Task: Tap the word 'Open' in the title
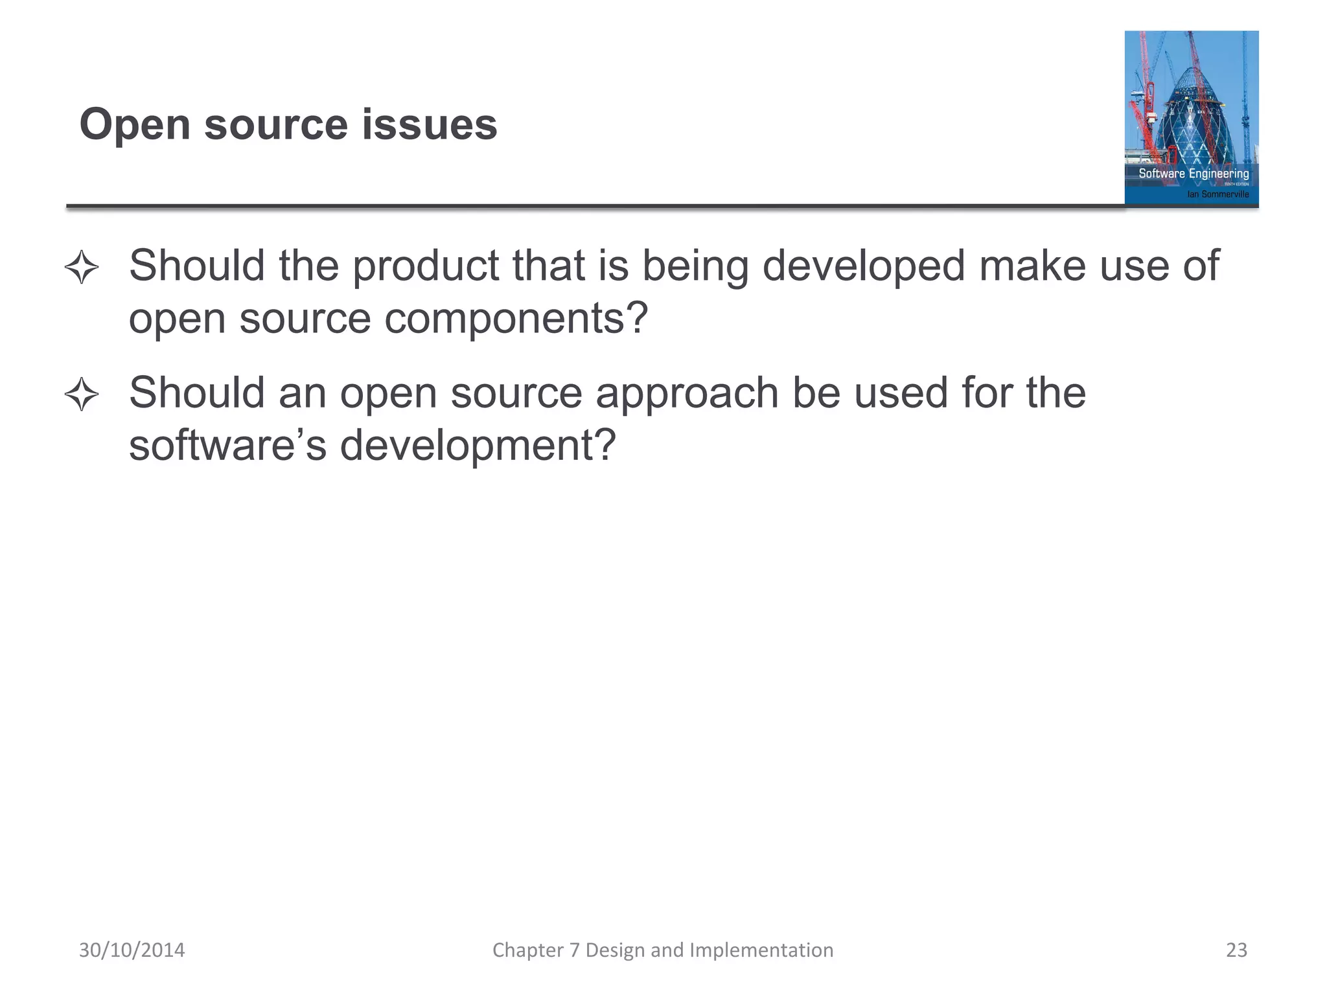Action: click(x=134, y=125)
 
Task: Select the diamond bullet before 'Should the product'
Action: click(x=82, y=267)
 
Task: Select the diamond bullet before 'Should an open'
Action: click(x=82, y=394)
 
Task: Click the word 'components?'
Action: click(x=516, y=318)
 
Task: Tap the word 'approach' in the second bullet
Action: click(x=687, y=393)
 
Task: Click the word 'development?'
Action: click(x=478, y=445)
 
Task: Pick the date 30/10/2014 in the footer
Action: click(x=132, y=950)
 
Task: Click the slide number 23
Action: click(x=1236, y=950)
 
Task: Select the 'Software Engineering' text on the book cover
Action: click(x=1194, y=174)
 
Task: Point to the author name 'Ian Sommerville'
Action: click(x=1217, y=194)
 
